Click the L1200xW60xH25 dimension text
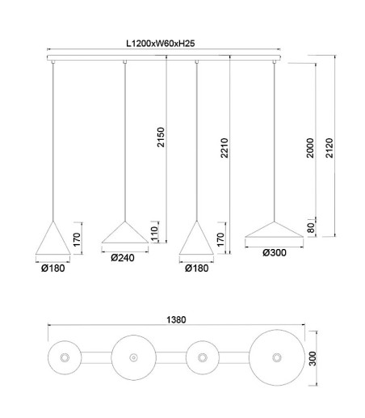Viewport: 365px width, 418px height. pos(161,44)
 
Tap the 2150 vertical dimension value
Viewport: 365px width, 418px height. pos(161,137)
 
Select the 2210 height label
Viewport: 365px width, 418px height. pos(224,148)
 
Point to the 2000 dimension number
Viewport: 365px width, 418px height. pos(310,148)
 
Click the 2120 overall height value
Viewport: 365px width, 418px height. pos(329,148)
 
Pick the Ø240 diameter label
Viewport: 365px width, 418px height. pos(123,258)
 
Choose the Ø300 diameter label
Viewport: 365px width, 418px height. pos(275,253)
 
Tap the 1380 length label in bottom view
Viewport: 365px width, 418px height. pos(176,320)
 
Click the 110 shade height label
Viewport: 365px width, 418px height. pos(154,234)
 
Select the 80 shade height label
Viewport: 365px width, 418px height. pos(311,228)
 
